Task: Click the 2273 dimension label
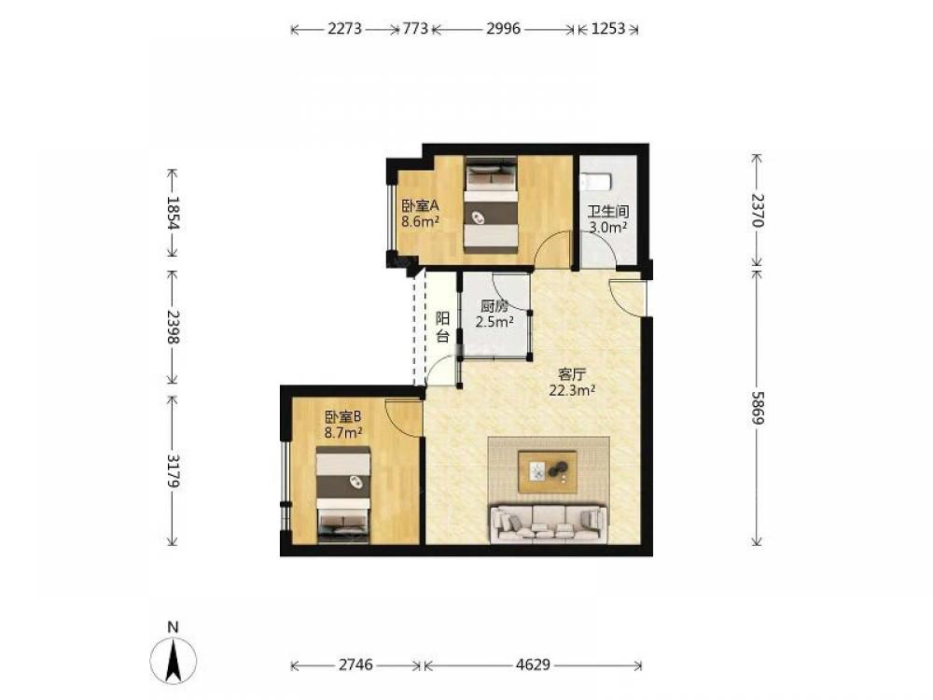point(344,29)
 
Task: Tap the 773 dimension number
point(415,29)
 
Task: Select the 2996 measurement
point(504,29)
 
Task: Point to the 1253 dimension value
point(608,29)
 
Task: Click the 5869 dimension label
point(757,407)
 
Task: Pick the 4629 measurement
point(533,665)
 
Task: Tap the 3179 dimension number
point(174,470)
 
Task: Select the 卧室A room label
point(420,206)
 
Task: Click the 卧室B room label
point(343,416)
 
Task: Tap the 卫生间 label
point(608,211)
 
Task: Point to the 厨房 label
point(494,306)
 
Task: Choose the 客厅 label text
point(573,375)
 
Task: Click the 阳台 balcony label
point(442,327)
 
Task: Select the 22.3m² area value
point(573,390)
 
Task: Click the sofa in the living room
point(549,523)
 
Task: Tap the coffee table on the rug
point(548,472)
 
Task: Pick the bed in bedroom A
point(491,204)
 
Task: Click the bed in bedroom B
point(343,495)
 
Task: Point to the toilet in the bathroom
point(595,179)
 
